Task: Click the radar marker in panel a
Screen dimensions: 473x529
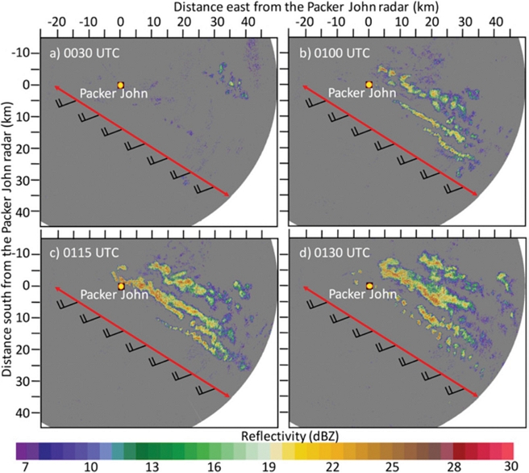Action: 120,85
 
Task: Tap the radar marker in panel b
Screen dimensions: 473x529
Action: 369,85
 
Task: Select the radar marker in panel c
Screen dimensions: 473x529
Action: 120,286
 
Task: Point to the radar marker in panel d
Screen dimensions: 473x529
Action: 369,286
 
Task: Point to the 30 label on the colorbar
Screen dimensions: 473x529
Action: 507,467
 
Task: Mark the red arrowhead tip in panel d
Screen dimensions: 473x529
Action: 477,396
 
